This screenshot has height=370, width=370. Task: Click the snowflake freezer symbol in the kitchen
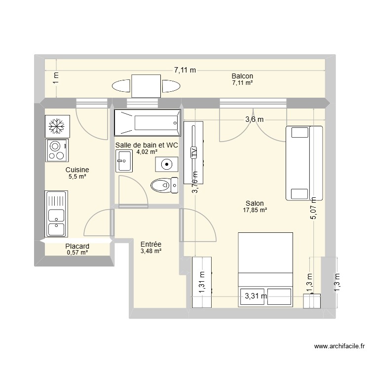pyautogui.click(x=56, y=126)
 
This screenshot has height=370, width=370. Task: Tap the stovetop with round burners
pyautogui.click(x=57, y=150)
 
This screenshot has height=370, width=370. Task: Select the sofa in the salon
pyautogui.click(x=304, y=163)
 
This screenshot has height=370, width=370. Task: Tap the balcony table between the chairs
pyautogui.click(x=146, y=87)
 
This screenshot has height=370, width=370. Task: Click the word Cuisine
pyautogui.click(x=77, y=169)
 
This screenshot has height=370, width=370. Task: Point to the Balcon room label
pyautogui.click(x=242, y=76)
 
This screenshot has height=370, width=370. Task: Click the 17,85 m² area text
pyautogui.click(x=255, y=210)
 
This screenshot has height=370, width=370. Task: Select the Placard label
pyautogui.click(x=77, y=246)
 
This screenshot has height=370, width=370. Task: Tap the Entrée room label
pyautogui.click(x=150, y=244)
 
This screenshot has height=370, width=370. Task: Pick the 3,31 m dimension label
pyautogui.click(x=256, y=296)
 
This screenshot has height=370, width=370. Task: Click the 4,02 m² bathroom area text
pyautogui.click(x=147, y=152)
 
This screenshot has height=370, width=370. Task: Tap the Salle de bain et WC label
pyautogui.click(x=147, y=146)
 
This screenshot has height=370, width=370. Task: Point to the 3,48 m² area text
pyautogui.click(x=150, y=251)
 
